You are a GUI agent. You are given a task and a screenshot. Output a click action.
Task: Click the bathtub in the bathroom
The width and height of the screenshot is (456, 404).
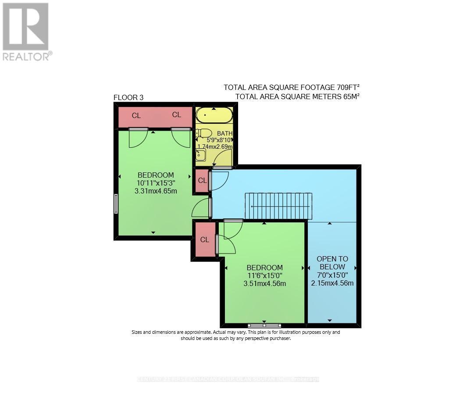tap(214, 115)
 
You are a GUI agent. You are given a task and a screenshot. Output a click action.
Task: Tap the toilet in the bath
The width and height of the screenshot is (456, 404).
tap(204, 133)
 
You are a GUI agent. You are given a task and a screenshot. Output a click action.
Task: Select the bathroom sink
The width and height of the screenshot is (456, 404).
tap(201, 154)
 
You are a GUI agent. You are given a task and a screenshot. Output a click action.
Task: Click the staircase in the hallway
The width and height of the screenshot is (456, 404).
tap(278, 206)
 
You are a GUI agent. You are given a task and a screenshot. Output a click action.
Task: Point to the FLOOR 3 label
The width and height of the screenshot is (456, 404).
tap(128, 97)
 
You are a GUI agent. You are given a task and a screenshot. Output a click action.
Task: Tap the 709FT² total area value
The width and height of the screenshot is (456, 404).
tap(349, 87)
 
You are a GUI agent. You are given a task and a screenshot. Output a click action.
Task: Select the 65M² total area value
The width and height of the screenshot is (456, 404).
tap(350, 96)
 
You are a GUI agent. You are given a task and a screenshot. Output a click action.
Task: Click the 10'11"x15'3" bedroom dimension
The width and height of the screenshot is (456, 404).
tap(156, 183)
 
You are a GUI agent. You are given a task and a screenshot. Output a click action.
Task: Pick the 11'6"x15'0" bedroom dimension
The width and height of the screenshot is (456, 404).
tap(264, 275)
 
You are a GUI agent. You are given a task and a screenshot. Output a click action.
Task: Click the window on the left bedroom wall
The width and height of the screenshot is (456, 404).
tap(116, 204)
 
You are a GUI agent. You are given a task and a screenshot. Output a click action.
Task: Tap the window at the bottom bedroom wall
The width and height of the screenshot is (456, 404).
tap(264, 325)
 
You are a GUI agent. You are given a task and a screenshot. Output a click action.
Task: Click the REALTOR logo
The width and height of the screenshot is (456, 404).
tap(26, 31)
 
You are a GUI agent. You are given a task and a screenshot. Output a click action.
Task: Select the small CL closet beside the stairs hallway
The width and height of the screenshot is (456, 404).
tap(202, 180)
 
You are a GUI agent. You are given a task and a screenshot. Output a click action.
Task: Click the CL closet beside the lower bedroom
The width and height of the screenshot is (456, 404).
tap(205, 240)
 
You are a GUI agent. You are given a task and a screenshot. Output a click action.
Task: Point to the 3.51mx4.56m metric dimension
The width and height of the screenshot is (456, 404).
tap(264, 283)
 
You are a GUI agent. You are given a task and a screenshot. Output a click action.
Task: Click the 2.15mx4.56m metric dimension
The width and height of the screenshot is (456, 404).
tap(332, 283)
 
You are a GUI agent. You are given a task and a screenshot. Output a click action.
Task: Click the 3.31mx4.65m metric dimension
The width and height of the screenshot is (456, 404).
tap(156, 191)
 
